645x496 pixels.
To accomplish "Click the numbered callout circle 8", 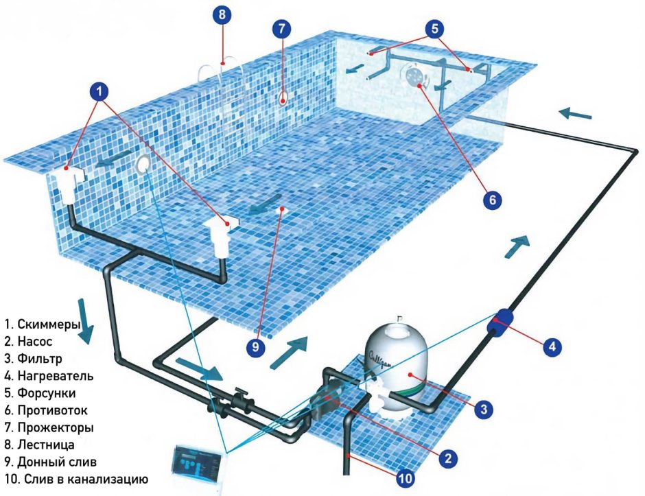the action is point(222,15).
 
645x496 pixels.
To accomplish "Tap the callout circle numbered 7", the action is point(282,28).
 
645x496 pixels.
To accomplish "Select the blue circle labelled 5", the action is point(435,28).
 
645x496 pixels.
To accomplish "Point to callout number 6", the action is point(493,200).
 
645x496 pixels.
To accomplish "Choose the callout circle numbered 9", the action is point(256,347).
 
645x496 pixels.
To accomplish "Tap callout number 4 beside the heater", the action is point(552,346).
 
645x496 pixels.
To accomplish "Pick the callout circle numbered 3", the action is point(484,409).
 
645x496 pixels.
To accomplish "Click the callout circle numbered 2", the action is point(448,458).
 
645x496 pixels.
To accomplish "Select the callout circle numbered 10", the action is point(405,478).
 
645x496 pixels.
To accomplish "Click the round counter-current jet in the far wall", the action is point(413,75).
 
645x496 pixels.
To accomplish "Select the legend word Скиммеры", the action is point(49,324).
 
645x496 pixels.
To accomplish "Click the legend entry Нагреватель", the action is point(56,376).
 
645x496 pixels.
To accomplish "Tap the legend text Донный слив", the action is point(57,462).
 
